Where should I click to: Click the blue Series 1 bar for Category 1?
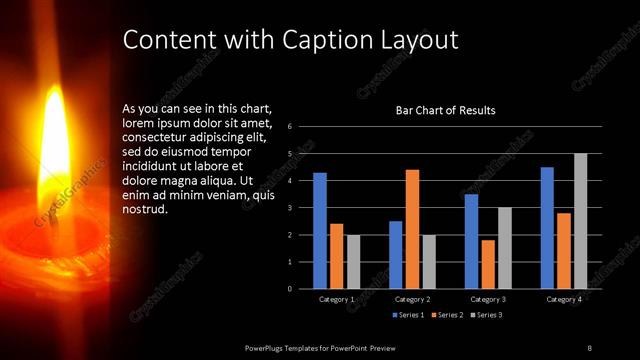click(320, 231)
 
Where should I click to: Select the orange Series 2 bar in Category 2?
click(412, 229)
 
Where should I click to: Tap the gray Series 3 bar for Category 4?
click(580, 221)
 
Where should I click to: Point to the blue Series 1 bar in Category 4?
click(547, 228)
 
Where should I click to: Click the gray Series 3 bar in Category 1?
click(353, 262)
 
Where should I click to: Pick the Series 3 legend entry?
click(488, 315)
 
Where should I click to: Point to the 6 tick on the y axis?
click(289, 127)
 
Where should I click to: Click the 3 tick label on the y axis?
click(289, 208)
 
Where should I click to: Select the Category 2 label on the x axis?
click(413, 300)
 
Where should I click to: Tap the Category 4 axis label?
click(565, 300)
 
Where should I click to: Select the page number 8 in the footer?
click(589, 347)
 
